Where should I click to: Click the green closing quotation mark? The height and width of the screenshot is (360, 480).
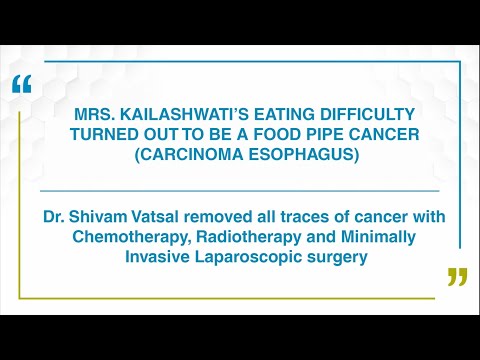click(457, 277)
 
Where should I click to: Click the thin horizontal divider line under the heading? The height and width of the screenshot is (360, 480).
click(240, 190)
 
